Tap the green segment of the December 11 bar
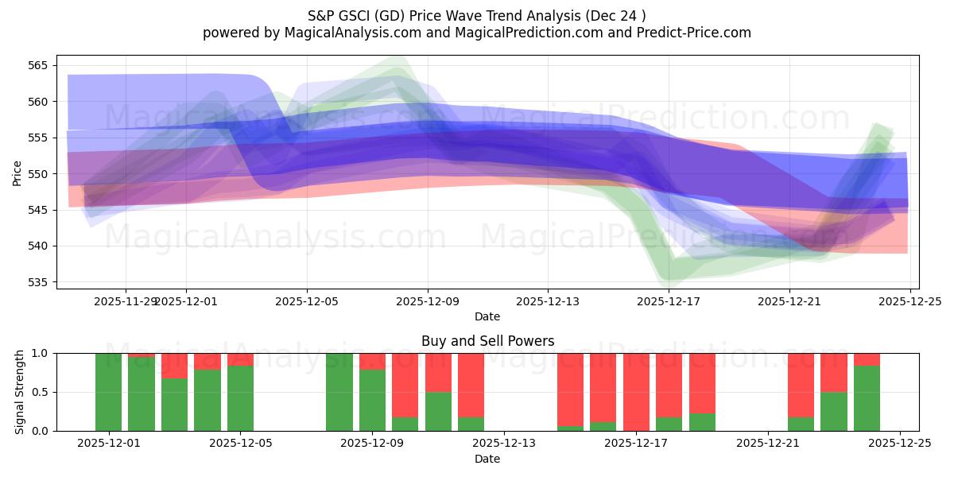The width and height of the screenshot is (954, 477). click(438, 411)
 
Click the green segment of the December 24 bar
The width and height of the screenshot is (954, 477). click(867, 397)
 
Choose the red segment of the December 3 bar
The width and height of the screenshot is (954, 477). click(174, 366)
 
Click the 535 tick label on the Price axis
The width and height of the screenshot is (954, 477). click(40, 282)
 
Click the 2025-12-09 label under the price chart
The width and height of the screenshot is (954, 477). click(428, 301)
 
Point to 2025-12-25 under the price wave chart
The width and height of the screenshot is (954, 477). click(909, 301)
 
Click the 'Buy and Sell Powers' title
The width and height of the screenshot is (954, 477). click(487, 341)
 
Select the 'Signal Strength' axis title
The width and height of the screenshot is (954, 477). click(20, 392)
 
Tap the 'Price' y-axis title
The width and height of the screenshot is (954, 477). click(17, 173)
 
